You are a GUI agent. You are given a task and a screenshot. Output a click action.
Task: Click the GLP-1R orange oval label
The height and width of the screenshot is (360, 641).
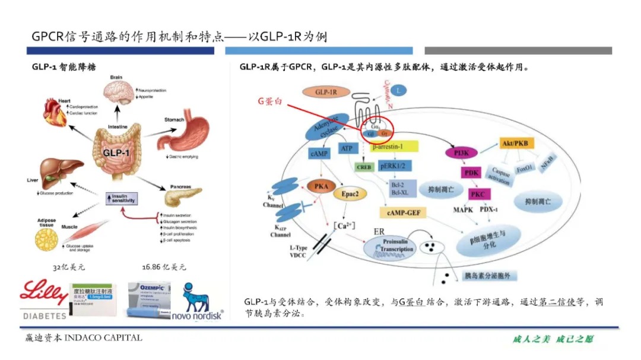(x=325, y=92)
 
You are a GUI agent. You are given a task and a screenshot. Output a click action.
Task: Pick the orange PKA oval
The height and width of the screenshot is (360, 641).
(x=321, y=187)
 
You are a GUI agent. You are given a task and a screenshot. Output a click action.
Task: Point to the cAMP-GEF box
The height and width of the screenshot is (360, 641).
(x=403, y=212)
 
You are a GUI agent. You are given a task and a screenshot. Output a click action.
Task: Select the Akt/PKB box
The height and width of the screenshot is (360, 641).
(x=513, y=143)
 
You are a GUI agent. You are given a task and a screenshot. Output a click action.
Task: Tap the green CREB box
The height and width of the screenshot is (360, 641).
(x=364, y=167)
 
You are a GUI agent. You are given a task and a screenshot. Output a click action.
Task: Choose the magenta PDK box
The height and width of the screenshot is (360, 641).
(x=472, y=173)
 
